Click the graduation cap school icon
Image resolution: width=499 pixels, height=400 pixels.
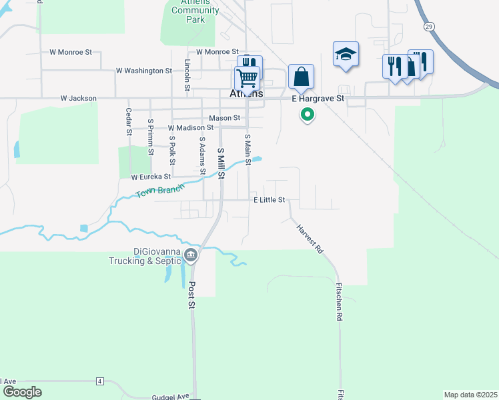click(346, 55)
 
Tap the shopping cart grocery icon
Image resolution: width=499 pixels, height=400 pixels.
click(247, 78)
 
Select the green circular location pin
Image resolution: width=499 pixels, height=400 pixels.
click(307, 115)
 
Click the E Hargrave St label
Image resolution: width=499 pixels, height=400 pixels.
click(318, 99)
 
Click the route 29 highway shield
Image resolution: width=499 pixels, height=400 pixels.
click(428, 25)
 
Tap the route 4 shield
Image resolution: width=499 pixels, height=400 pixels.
click(99, 381)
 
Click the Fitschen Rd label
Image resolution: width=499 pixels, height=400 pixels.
click(339, 304)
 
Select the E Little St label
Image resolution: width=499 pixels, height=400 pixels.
click(269, 200)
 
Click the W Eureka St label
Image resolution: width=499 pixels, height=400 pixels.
click(151, 177)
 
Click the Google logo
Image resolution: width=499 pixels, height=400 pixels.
click(22, 392)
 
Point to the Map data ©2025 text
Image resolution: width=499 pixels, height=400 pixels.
click(470, 394)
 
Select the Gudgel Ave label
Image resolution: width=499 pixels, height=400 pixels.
click(170, 396)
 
